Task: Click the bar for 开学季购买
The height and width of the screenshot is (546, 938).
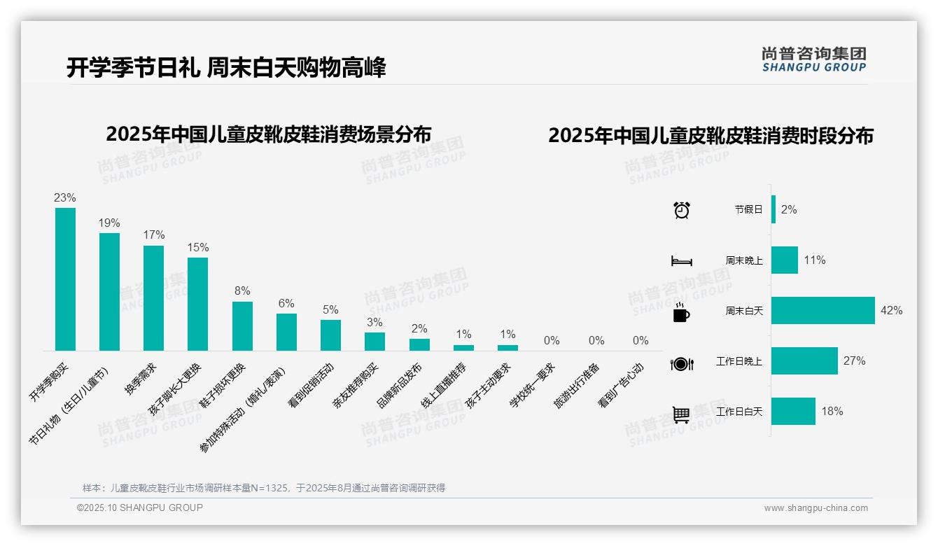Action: coord(65,279)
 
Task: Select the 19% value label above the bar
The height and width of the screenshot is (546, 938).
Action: coord(109,223)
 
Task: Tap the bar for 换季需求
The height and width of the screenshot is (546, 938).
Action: coord(153,297)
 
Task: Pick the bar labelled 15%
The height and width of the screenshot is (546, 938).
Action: coord(197,304)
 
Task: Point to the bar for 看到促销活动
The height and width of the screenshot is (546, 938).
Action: coord(330,335)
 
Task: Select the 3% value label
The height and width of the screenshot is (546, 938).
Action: coord(374,322)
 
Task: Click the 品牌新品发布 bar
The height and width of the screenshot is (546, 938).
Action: coord(419,344)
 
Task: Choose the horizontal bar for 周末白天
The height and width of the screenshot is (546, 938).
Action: coord(822,311)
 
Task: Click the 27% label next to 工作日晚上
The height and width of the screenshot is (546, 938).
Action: coord(854,361)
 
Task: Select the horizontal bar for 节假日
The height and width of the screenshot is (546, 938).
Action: coord(773,209)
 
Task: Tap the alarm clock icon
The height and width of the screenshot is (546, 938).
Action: coord(681,210)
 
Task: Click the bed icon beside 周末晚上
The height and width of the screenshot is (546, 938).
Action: coord(681,260)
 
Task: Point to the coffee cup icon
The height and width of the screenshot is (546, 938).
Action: coord(681,311)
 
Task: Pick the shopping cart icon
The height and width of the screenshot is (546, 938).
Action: coord(681,414)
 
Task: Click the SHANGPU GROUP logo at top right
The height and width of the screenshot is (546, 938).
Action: coord(813,59)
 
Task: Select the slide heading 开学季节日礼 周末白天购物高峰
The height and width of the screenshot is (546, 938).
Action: coord(226,68)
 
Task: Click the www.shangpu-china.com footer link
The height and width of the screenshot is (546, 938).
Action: coord(815,508)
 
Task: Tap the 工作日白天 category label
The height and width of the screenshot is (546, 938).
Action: coord(739,412)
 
